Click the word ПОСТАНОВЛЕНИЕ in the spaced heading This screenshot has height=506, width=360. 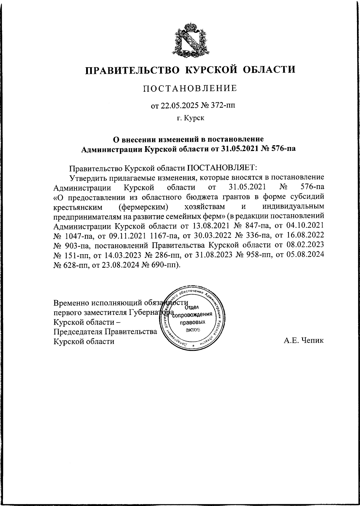190,88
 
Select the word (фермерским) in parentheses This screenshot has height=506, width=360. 142,207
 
